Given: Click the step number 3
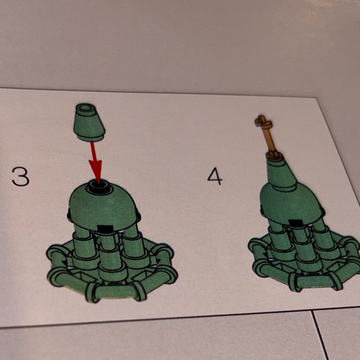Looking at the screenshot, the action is click(20, 176).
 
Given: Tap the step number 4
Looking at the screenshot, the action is click(215, 176).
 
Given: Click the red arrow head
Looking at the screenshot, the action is click(96, 171).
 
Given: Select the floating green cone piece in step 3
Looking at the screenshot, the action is click(89, 122).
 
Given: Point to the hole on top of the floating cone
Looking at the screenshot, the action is click(86, 107).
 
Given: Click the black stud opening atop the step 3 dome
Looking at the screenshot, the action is click(100, 186).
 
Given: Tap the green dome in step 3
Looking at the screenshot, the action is click(103, 209).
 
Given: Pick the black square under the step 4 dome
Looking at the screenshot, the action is click(295, 223).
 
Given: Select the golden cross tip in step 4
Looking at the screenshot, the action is click(263, 121).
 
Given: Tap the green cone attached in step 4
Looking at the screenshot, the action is click(281, 172).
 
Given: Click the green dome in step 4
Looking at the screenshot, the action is click(292, 202).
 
